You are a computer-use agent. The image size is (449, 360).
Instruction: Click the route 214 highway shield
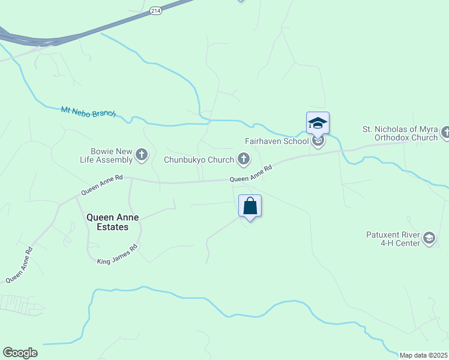coord(156,11)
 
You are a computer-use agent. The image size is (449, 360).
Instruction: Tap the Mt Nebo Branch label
coord(88,112)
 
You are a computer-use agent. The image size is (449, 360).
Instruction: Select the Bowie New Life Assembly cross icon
coord(142,155)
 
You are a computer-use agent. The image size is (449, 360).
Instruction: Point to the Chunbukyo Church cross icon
coord(243,159)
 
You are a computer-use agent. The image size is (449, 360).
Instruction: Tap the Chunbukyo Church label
coord(199,160)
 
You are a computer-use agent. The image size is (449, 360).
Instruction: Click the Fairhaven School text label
coord(276,142)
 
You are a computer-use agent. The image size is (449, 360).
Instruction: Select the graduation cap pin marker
coord(318,123)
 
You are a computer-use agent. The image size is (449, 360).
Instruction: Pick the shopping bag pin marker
coord(250,206)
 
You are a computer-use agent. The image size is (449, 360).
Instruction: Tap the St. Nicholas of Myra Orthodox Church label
coord(400,133)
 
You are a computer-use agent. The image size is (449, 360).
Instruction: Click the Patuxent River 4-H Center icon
coord(429,238)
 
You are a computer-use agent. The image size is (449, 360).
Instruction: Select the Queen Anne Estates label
coord(107,223)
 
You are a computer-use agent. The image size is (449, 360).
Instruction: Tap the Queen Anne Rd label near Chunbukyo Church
coord(251,175)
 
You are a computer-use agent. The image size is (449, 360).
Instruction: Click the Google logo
coord(20,353)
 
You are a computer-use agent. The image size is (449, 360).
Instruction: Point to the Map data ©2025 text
coord(423,355)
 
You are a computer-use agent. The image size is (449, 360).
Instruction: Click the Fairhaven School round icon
coord(318,142)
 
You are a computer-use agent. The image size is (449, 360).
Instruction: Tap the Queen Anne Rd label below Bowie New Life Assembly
coord(102,185)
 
